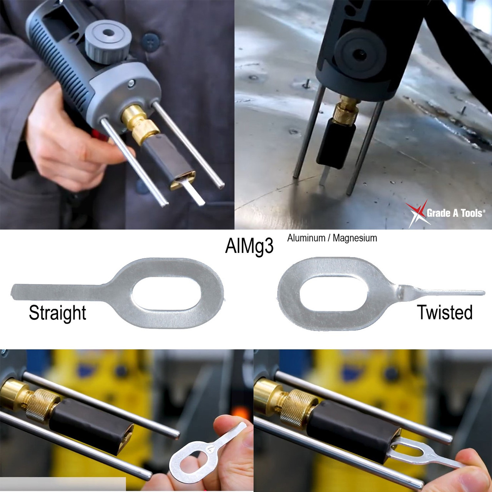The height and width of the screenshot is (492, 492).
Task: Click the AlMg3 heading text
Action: [249, 246]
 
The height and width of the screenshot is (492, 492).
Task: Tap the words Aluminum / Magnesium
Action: [332, 238]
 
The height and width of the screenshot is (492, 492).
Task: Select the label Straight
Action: [57, 312]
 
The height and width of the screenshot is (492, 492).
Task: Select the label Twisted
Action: [444, 312]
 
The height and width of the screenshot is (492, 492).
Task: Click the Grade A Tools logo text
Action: [455, 213]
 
